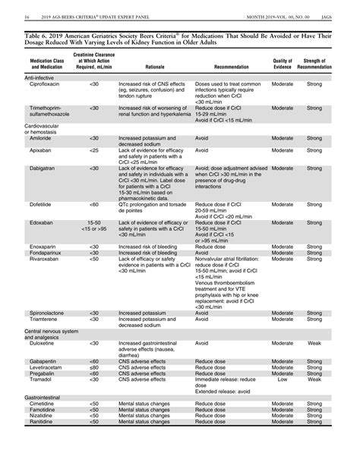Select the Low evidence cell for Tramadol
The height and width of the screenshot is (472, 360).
point(283,379)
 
